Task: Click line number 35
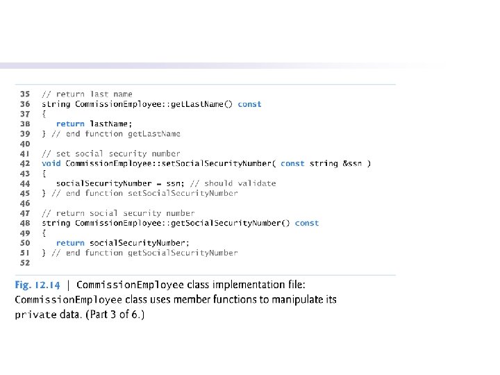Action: (x=24, y=94)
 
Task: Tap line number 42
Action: (x=24, y=163)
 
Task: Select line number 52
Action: (x=24, y=263)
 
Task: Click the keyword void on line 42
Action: (x=51, y=163)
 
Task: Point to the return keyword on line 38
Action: (x=70, y=124)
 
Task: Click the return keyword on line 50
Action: (x=70, y=243)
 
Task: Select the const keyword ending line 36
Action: (x=249, y=104)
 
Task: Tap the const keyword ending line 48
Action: (x=306, y=223)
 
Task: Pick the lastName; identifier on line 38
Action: (x=111, y=124)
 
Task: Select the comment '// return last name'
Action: (x=87, y=94)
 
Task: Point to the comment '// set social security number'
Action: (x=111, y=153)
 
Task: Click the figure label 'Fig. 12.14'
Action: (x=39, y=285)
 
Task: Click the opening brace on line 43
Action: (x=44, y=174)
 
